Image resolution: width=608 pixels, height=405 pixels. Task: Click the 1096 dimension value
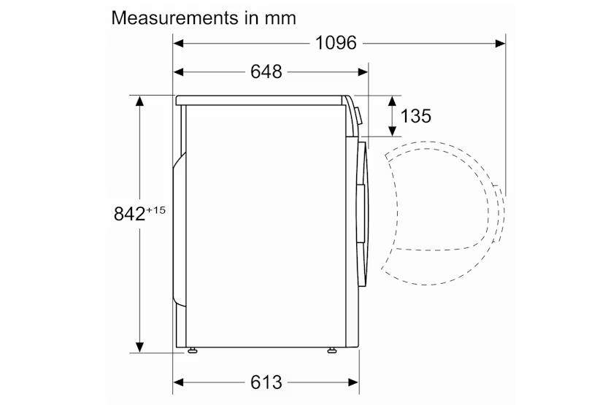point(336,42)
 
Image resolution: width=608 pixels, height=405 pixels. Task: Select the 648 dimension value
point(266,72)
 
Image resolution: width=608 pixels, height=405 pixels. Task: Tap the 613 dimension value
point(266,382)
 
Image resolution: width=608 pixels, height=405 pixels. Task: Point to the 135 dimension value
point(416,116)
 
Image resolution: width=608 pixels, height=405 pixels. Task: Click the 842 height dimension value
point(129,214)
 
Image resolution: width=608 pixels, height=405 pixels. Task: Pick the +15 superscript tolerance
point(156,210)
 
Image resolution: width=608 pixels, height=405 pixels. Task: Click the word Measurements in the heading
point(175,18)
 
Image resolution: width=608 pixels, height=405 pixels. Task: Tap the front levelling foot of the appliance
point(332,351)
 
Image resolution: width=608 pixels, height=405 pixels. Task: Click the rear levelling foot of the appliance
point(192,351)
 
